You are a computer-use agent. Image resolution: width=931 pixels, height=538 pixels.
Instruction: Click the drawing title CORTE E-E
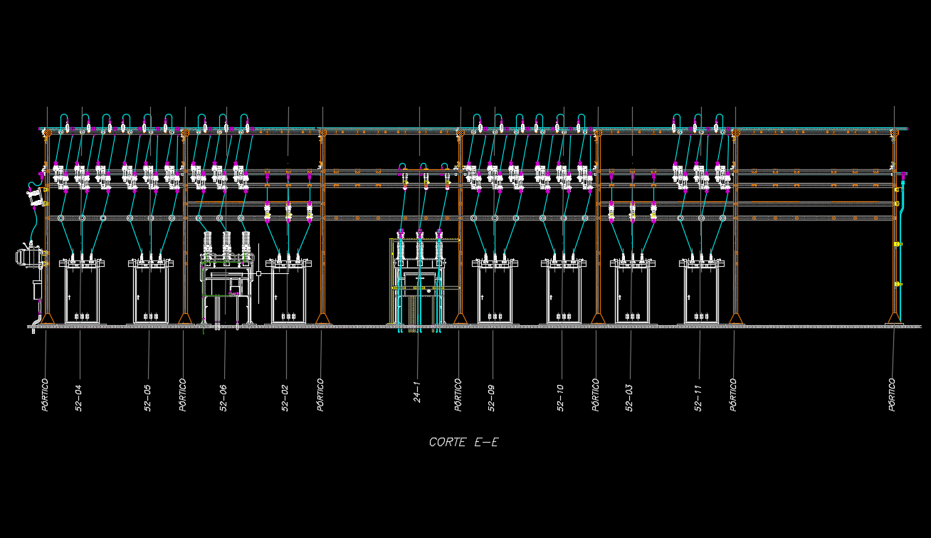pyautogui.click(x=463, y=442)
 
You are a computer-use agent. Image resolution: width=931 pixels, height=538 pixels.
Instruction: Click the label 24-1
pyautogui.click(x=418, y=393)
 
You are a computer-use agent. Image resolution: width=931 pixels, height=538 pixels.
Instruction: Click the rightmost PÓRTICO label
pyautogui.click(x=893, y=394)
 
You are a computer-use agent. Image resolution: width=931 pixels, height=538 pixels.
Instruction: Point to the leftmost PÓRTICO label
pyautogui.click(x=46, y=394)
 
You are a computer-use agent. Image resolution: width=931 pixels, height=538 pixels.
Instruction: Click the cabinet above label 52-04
pyautogui.click(x=81, y=294)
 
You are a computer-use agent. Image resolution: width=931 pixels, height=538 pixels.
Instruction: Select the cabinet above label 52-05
pyautogui.click(x=150, y=294)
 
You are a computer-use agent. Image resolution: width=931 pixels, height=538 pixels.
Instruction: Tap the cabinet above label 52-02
pyautogui.click(x=288, y=294)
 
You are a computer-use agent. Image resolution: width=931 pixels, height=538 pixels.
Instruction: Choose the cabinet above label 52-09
pyautogui.click(x=495, y=294)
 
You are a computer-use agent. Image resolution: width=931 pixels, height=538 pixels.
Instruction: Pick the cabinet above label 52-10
pyautogui.click(x=564, y=294)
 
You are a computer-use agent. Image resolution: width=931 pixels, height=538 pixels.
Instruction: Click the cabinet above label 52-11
pyautogui.click(x=702, y=294)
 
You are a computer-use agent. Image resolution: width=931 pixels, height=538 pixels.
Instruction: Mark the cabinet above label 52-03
pyautogui.click(x=633, y=294)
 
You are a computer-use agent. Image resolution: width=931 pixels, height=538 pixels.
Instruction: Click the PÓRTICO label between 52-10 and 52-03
pyautogui.click(x=596, y=394)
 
